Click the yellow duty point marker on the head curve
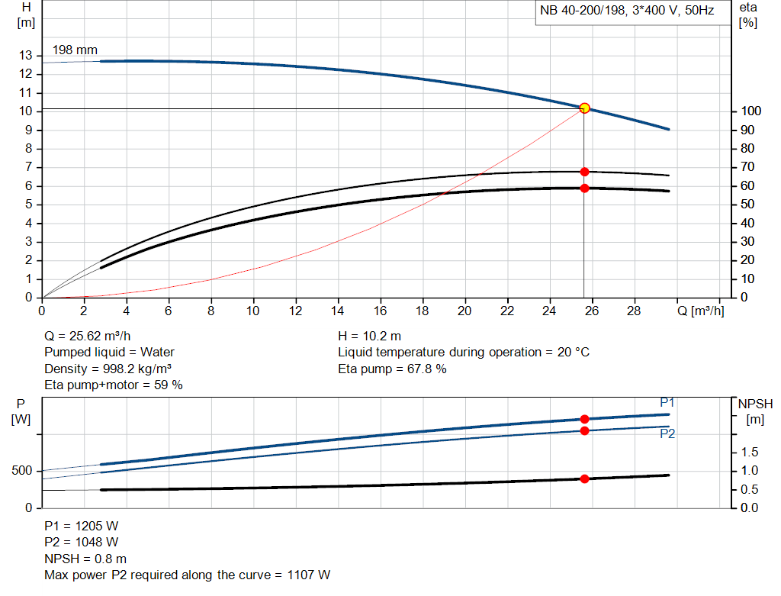pos(584,108)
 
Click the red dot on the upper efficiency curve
pos(584,172)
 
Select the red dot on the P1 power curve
pos(584,419)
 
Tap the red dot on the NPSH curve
pos(584,479)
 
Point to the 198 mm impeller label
pos(75,50)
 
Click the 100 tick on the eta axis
pos(750,112)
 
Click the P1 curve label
pos(667,402)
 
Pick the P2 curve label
pos(667,433)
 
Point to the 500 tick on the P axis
pos(21,471)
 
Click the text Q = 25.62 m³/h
pos(92,336)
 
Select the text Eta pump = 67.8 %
pos(392,369)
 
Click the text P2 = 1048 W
pos(82,542)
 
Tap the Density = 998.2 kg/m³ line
pos(108,369)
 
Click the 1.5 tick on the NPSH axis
pos(750,453)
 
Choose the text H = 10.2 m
pos(369,336)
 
